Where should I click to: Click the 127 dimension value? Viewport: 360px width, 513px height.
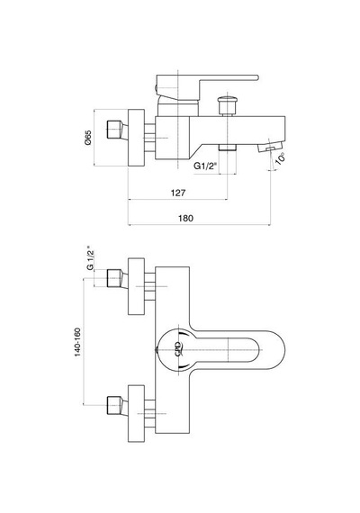[177, 193]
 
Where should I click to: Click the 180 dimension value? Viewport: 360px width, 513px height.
[185, 218]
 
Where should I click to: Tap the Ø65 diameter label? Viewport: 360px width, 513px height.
[88, 138]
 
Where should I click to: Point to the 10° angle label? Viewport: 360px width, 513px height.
[281, 159]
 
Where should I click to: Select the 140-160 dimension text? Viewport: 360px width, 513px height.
[77, 342]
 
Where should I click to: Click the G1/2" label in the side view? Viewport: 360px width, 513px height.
[205, 166]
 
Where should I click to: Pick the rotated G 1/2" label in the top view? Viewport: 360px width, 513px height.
[90, 257]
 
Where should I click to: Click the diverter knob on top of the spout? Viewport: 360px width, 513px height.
[227, 104]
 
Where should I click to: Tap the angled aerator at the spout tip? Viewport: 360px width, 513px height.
[270, 146]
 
